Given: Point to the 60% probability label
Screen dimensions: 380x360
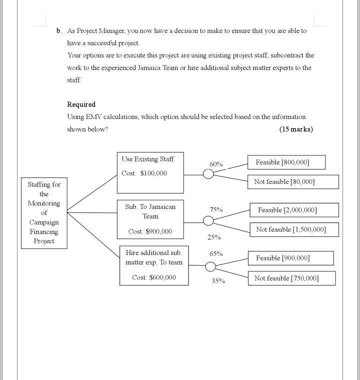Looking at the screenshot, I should point(216,164).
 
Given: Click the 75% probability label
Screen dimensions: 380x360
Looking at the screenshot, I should point(216,209).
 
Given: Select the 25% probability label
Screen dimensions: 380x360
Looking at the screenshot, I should point(214,237).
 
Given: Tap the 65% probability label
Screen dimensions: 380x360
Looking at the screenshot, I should point(216,254).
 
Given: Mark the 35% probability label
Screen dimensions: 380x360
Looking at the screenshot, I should point(217,281).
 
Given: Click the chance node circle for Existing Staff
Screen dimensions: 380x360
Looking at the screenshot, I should point(208,174).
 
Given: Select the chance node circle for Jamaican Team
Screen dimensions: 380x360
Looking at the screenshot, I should point(207,220).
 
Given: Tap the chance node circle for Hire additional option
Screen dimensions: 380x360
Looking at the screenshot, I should point(211,266).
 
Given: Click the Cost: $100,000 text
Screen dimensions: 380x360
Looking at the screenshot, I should point(144,173).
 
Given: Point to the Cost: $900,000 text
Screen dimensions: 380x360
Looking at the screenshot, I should point(150,231).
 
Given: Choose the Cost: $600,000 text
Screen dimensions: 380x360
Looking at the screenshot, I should point(154,277).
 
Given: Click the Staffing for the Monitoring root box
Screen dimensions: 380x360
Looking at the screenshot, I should point(44,212).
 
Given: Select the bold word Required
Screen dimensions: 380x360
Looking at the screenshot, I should point(81,104).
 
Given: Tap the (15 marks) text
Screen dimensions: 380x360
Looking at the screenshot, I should point(296,129).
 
